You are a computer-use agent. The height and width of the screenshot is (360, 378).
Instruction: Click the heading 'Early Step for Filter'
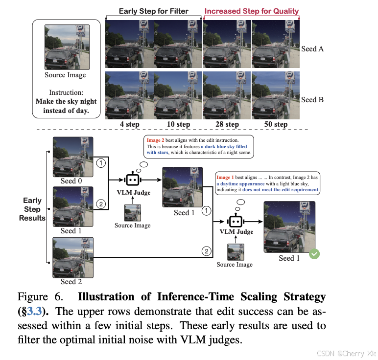tap(153, 11)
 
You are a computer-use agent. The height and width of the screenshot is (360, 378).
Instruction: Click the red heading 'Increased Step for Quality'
tap(251, 11)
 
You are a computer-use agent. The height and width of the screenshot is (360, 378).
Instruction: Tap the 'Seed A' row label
tap(312, 49)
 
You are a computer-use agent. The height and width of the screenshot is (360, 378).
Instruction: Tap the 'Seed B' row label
tap(312, 100)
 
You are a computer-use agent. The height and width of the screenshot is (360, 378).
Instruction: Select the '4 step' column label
tap(129, 124)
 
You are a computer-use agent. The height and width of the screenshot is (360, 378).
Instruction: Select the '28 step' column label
tap(227, 124)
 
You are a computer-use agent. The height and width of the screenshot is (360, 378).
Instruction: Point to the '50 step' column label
tap(276, 124)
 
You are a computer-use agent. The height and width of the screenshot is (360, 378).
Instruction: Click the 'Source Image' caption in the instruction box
tap(65, 75)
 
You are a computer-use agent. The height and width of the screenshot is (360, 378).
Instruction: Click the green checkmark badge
tap(315, 254)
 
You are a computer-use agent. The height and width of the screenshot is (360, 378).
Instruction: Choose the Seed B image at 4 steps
tap(129, 95)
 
